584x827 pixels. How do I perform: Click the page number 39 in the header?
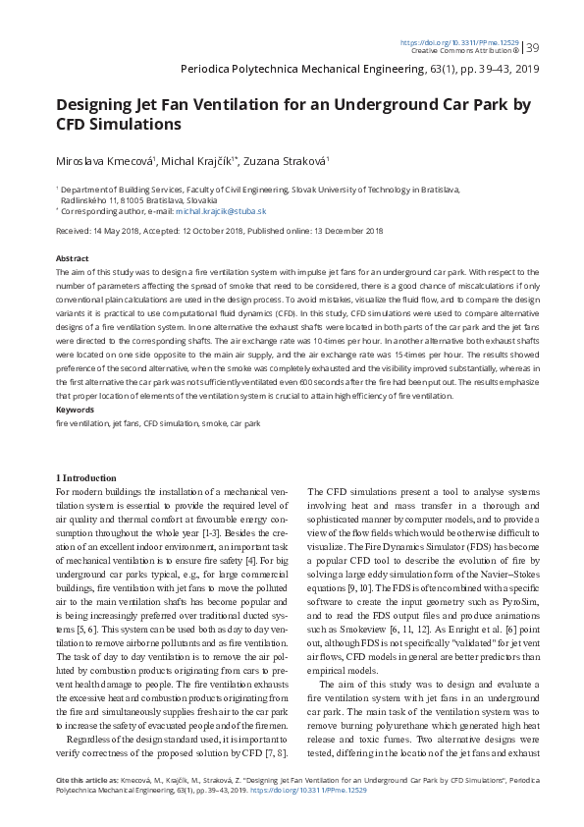533,47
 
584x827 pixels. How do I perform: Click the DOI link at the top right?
460,42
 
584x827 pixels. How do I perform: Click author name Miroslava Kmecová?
101,161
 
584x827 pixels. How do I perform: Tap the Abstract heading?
72,256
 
